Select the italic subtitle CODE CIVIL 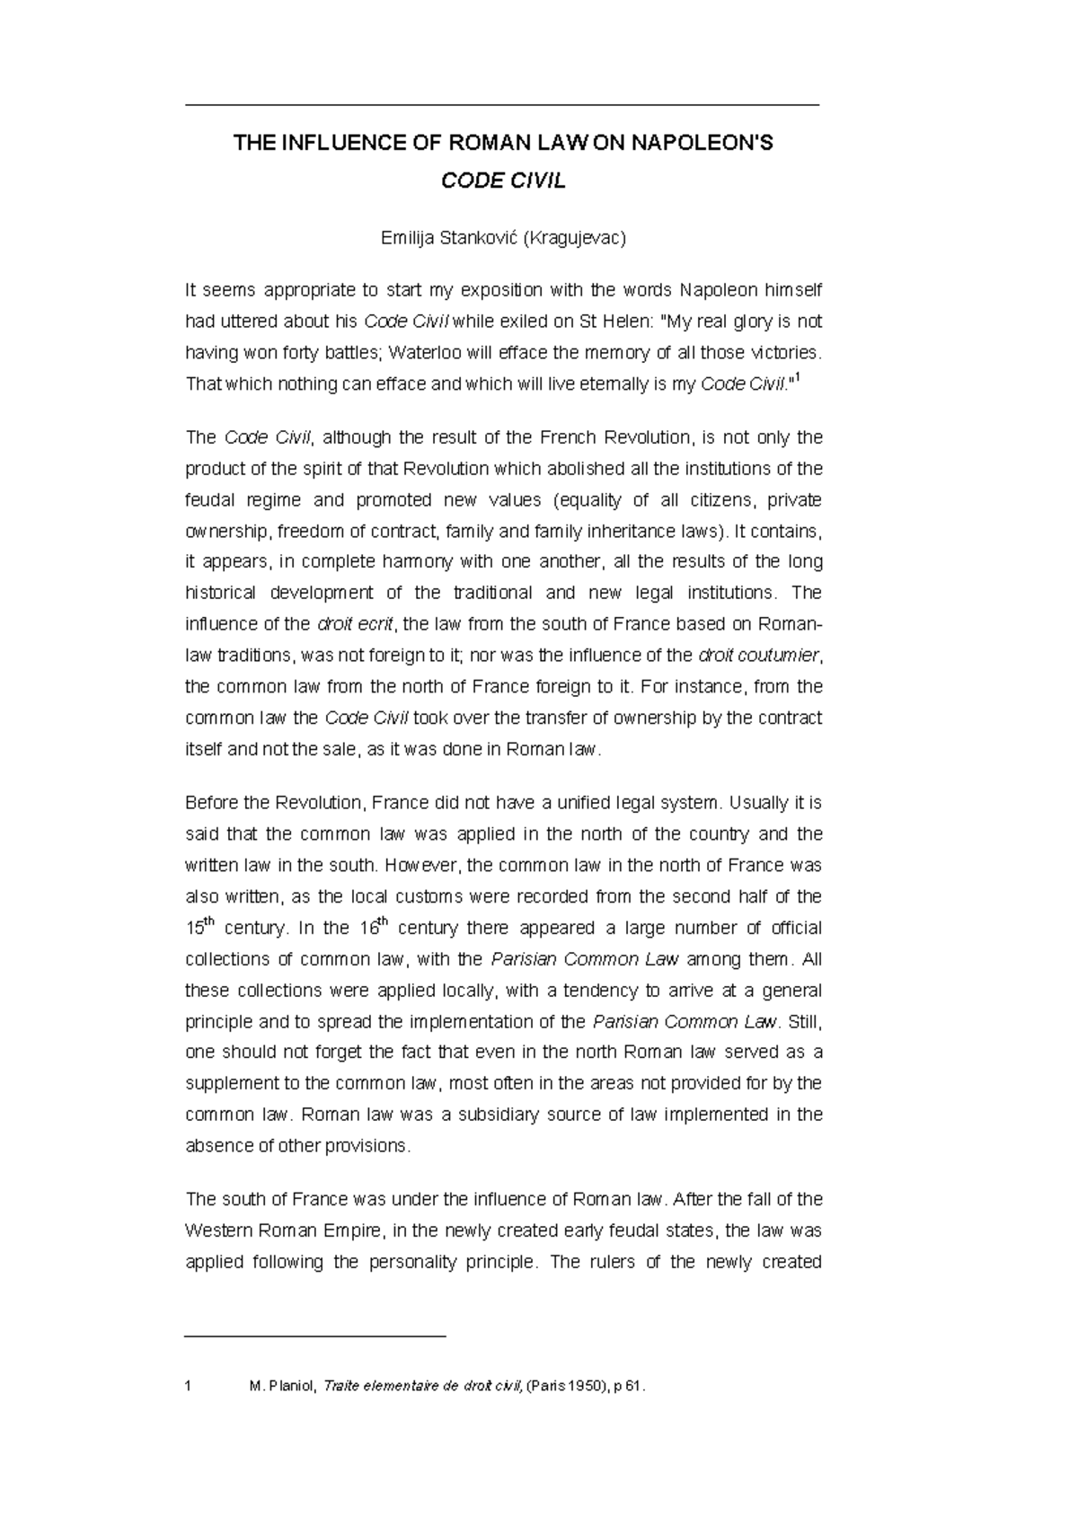coord(503,181)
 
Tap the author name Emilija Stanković coord(450,238)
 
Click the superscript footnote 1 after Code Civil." coord(798,378)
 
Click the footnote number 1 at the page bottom coord(188,1387)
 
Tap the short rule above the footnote coord(314,1337)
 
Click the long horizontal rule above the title coord(502,106)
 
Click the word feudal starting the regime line coord(207,500)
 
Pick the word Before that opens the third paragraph coord(209,803)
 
